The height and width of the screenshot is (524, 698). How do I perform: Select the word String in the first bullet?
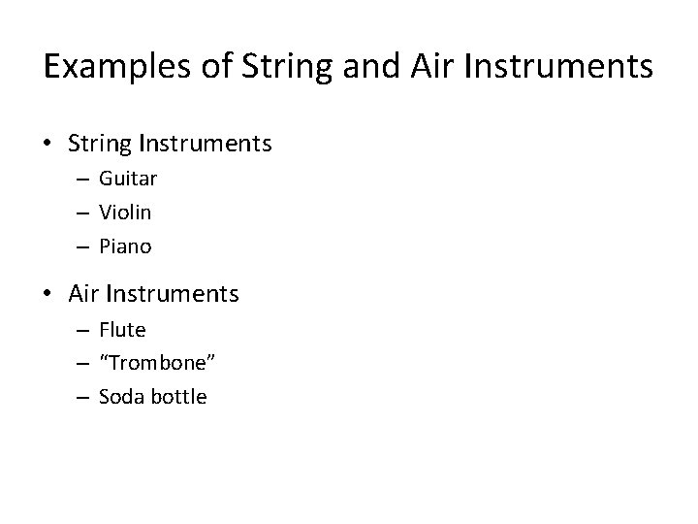click(101, 145)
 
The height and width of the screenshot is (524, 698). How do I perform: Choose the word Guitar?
click(128, 179)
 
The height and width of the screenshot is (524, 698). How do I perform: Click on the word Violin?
click(125, 212)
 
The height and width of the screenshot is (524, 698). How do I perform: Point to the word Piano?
click(125, 246)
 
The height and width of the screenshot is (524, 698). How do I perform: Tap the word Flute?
click(122, 330)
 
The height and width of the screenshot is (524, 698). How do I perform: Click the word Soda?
click(119, 397)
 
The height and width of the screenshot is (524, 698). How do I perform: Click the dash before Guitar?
click(84, 180)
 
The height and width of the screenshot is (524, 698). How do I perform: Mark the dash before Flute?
click(84, 331)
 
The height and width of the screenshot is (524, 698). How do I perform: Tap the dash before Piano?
click(84, 247)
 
